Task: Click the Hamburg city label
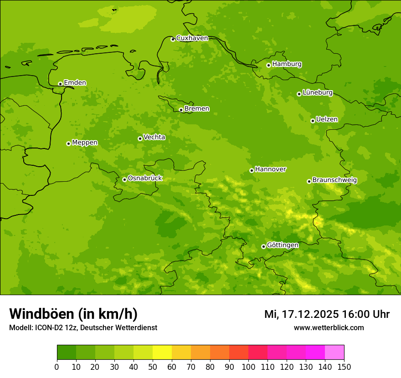(x=287, y=64)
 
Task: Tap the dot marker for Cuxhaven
(x=173, y=39)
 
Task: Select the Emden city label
(x=75, y=83)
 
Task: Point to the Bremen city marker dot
(x=181, y=110)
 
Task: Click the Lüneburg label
(x=317, y=93)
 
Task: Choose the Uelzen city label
(x=327, y=120)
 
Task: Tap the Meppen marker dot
(x=68, y=143)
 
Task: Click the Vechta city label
(x=154, y=137)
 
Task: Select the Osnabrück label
(x=145, y=179)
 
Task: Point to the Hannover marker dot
(x=252, y=170)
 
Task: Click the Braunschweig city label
(x=334, y=180)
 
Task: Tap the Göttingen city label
(x=283, y=245)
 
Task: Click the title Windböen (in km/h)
(x=73, y=314)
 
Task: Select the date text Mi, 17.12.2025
(x=301, y=314)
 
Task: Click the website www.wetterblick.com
(x=329, y=327)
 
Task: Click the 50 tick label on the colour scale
(x=153, y=367)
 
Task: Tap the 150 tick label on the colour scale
(x=344, y=367)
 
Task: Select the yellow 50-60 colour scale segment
(x=162, y=352)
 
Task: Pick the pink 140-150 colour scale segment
(x=334, y=352)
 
